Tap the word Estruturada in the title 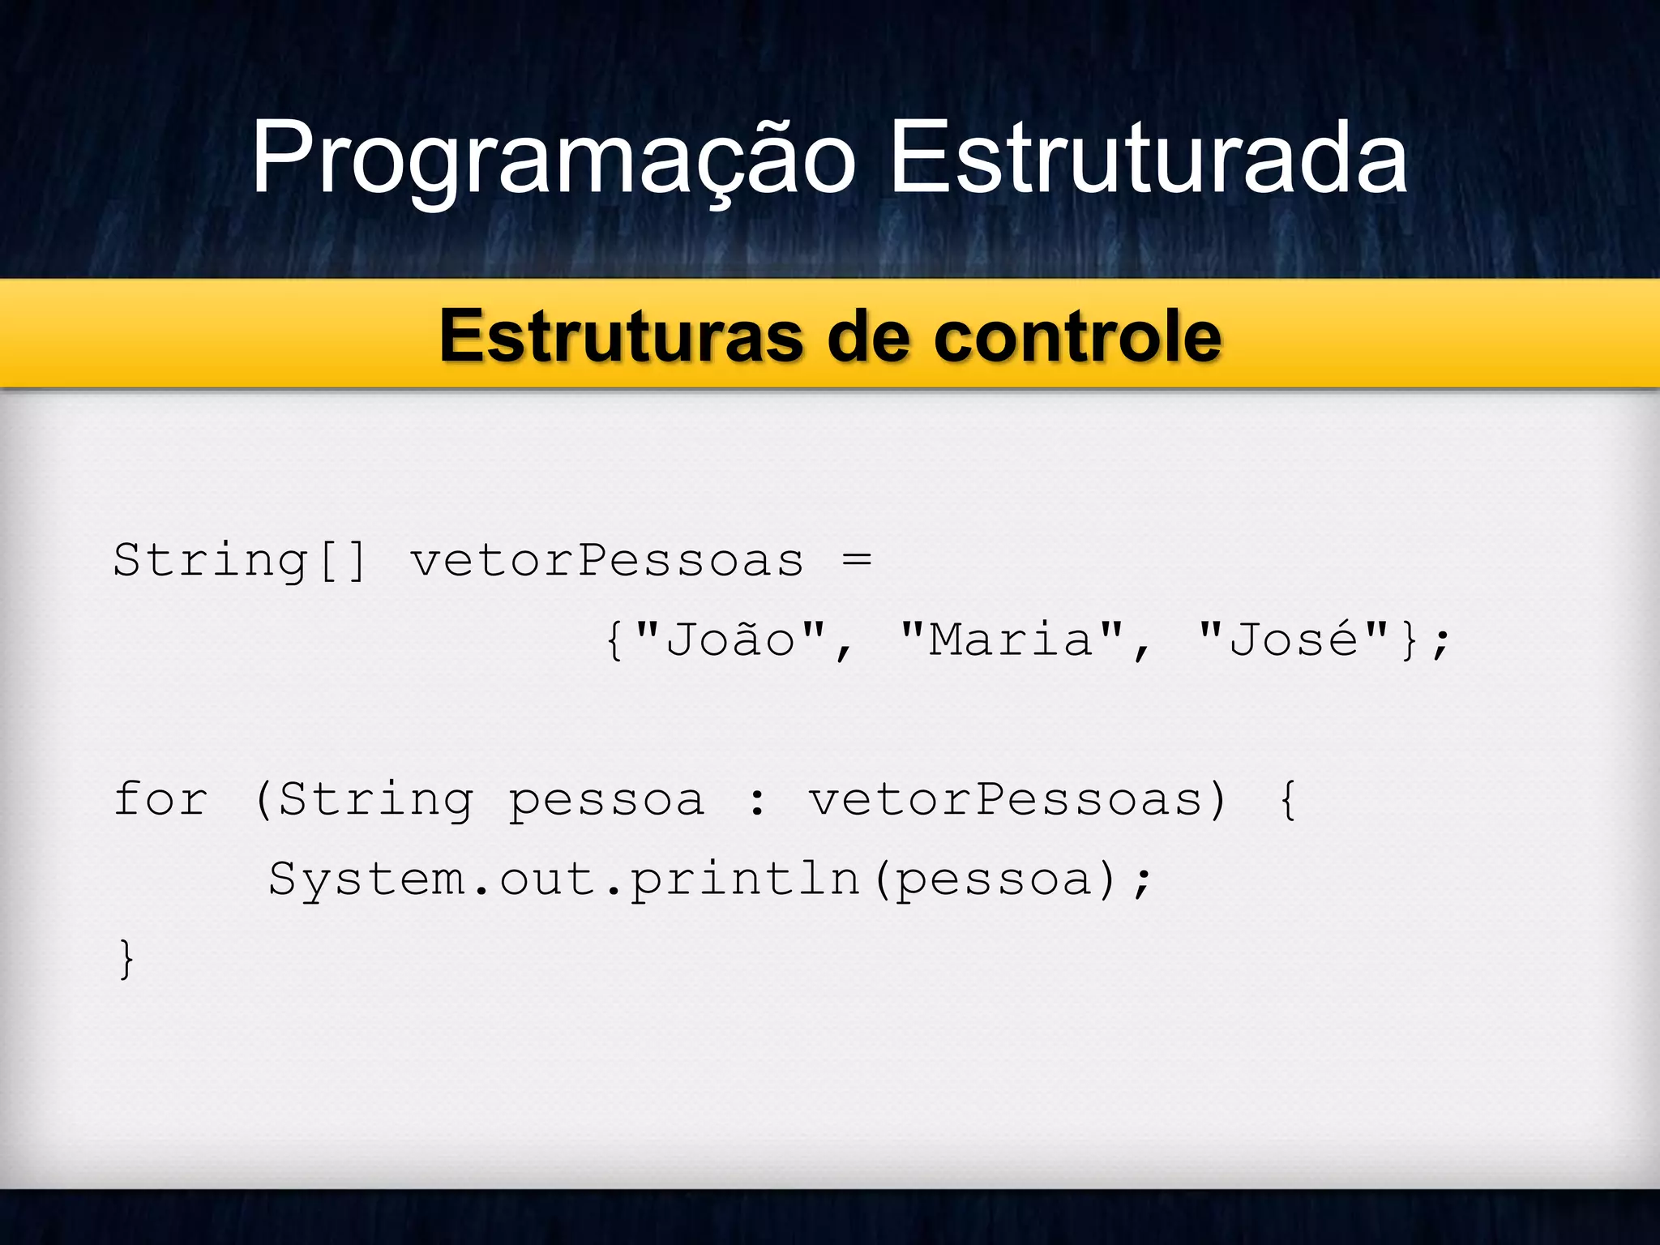[x=1149, y=158]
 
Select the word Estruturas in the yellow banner [x=622, y=336]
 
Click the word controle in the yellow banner [x=1077, y=336]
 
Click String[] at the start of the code [x=240, y=560]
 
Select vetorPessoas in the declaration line [x=607, y=560]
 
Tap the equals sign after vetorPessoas [x=857, y=559]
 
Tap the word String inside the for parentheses [x=375, y=801]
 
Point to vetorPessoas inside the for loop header [x=1006, y=799]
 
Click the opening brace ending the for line [x=1287, y=799]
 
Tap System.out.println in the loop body [x=564, y=879]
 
